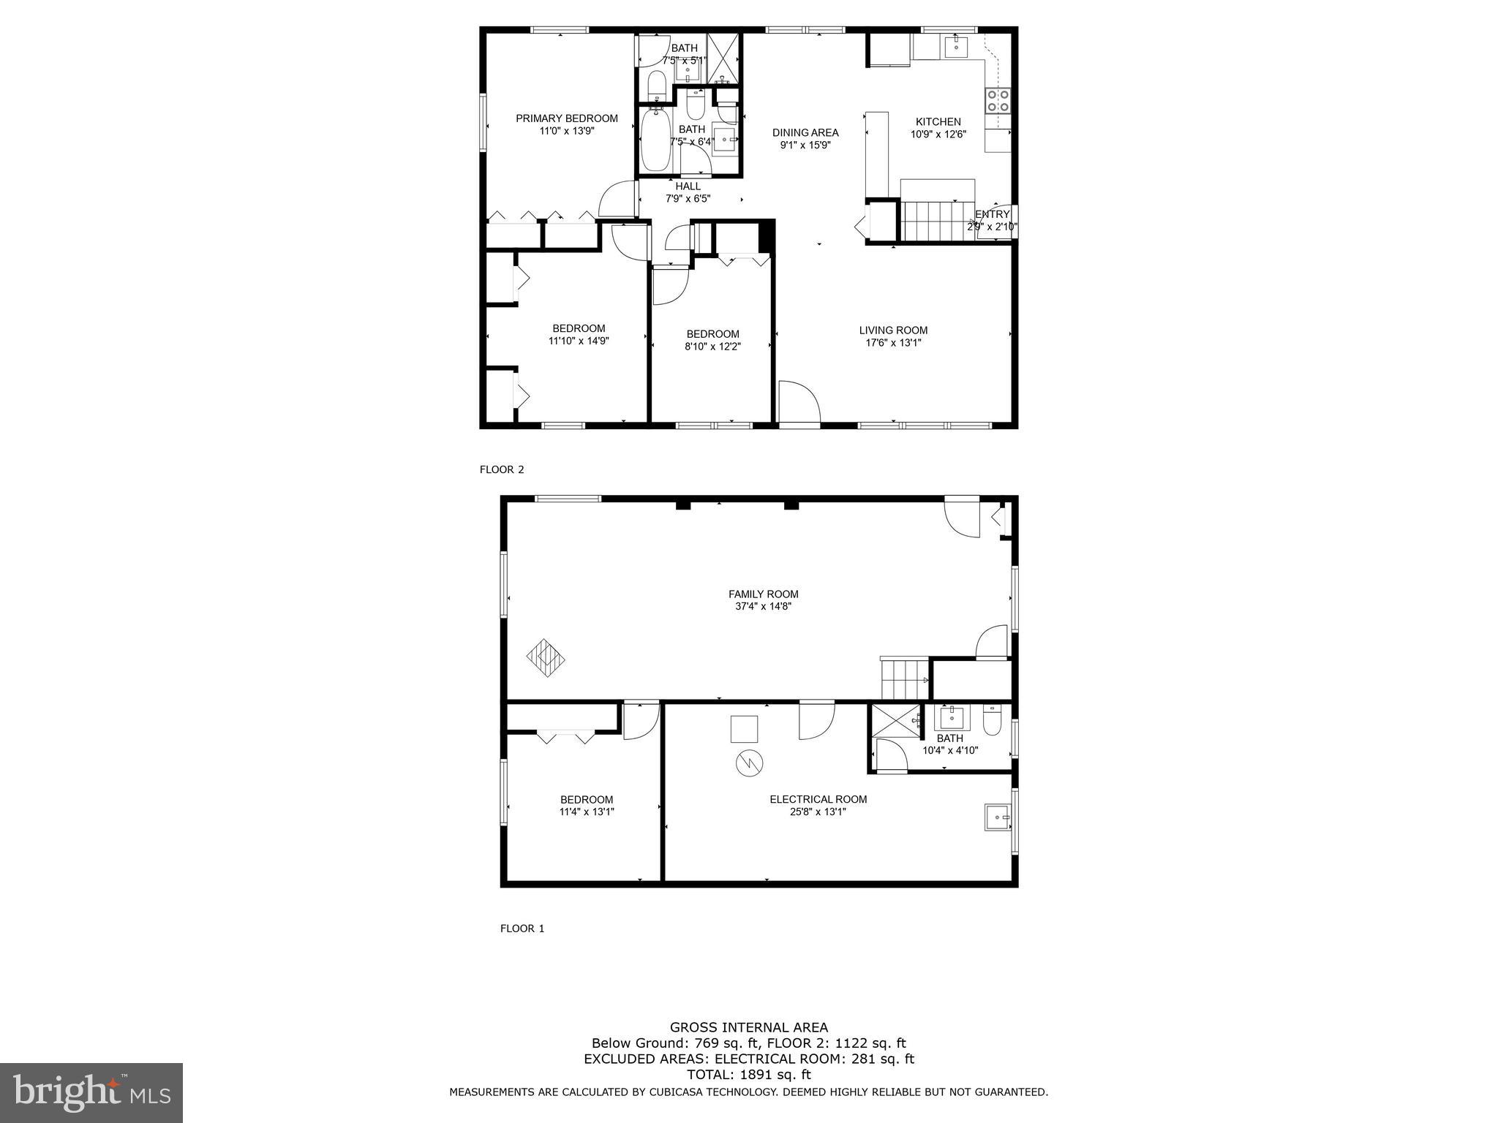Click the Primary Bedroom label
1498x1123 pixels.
[566, 118]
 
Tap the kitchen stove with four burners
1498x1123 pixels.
[998, 100]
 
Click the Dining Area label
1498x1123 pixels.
[805, 133]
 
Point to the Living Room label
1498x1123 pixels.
[892, 330]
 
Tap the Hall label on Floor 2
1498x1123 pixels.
[688, 186]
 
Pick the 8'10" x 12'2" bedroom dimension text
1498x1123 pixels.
[712, 347]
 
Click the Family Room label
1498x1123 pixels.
[763, 594]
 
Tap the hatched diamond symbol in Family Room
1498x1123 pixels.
[546, 657]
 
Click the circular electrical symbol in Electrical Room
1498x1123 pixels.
[748, 763]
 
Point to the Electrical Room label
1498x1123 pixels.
[818, 799]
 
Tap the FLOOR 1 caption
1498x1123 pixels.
[522, 929]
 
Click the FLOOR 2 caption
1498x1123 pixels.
[502, 469]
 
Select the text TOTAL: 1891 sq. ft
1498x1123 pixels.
[748, 1075]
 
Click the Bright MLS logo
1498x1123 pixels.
[91, 1092]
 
